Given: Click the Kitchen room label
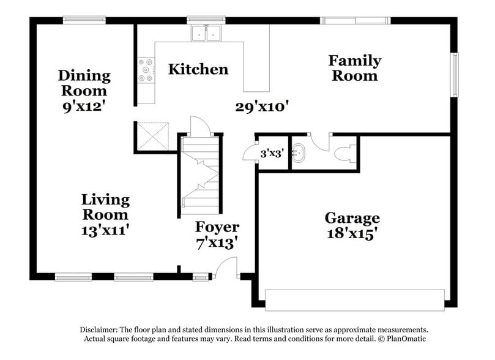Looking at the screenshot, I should tap(198, 69).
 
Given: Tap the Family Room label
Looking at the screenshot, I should tap(354, 68).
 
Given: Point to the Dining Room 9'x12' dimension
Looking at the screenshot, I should tap(84, 104).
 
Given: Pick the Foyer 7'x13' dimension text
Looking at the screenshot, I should tap(217, 242).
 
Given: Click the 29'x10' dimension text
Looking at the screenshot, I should tap(262, 107).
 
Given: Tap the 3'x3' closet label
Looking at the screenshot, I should tap(271, 154).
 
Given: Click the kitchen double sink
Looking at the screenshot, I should tap(206, 33).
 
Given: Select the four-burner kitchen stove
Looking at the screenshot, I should tap(146, 70).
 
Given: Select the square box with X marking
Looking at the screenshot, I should tap(152, 135).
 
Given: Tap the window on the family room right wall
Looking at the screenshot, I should tap(454, 74).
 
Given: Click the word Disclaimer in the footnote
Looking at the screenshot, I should tap(101, 329).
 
